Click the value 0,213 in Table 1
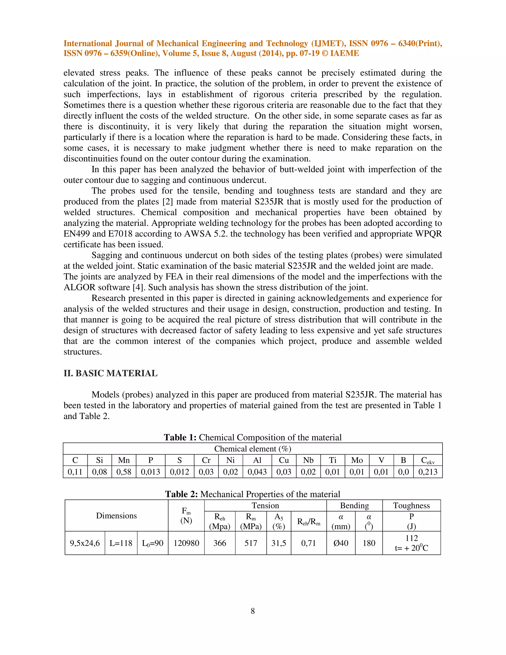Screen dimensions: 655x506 click(x=428, y=472)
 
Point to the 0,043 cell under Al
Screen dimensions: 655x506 click(x=257, y=472)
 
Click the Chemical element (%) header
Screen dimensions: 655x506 click(x=253, y=449)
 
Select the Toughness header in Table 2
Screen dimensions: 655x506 click(x=411, y=506)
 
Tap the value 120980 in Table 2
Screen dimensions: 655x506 click(x=186, y=543)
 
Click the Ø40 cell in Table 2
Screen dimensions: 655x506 click(x=341, y=543)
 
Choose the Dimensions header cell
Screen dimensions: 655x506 click(x=116, y=516)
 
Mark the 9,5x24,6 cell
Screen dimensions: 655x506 click(x=85, y=543)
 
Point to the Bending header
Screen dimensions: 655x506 click(x=354, y=506)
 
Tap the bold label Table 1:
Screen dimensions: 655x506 click(x=180, y=437)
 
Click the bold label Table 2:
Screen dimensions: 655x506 click(x=181, y=494)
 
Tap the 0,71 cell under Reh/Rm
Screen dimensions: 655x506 click(x=308, y=543)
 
